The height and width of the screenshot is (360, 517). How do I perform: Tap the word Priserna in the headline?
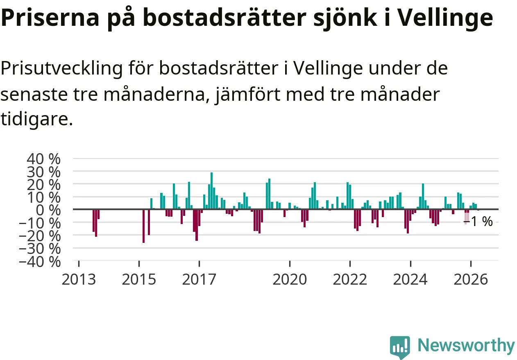pos(50,18)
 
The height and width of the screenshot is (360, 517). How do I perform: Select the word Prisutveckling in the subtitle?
pos(61,68)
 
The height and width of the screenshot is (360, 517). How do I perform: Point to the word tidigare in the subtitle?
pos(37,120)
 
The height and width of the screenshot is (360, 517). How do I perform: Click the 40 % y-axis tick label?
pos(43,159)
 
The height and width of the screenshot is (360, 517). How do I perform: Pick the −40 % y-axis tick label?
pos(40,262)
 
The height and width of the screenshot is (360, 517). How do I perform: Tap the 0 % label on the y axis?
pos(48,210)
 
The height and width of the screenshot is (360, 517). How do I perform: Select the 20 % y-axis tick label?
pos(43,185)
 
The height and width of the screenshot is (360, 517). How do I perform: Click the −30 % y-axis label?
pos(40,249)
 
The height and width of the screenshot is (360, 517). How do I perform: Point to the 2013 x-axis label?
pos(79,280)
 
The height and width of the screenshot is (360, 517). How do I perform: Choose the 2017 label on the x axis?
pos(199,280)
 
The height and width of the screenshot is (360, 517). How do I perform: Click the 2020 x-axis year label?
pos(290,280)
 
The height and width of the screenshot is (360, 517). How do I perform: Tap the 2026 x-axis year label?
pos(471,280)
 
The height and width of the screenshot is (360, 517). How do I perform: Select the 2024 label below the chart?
pos(410,280)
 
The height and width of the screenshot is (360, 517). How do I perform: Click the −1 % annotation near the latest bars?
pos(478,222)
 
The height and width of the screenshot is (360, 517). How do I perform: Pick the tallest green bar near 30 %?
pos(211,190)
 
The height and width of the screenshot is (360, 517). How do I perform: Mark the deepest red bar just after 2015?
pos(143,226)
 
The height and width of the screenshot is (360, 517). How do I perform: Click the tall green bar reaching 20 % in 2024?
pos(423,196)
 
